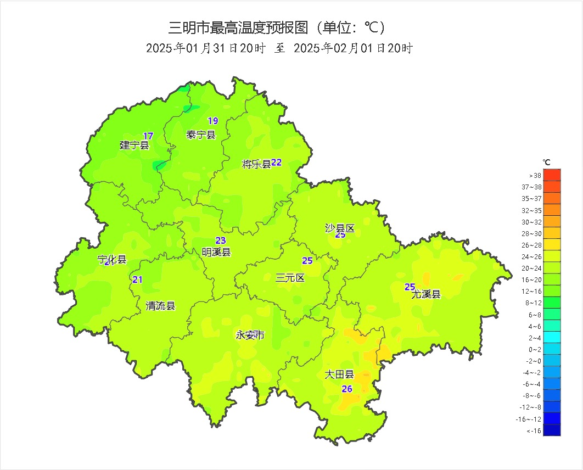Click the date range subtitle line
click(279, 48)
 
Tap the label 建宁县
click(134, 146)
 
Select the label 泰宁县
click(201, 135)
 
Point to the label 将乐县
click(256, 164)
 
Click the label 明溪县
click(216, 252)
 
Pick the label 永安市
click(250, 335)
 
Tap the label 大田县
click(339, 375)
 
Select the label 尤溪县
click(426, 294)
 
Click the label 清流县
click(160, 306)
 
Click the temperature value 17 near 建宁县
click(148, 136)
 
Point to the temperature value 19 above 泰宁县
click(212, 121)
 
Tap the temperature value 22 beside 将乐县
click(276, 163)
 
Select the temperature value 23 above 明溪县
click(220, 240)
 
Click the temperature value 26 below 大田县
click(347, 389)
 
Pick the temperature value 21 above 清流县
click(137, 280)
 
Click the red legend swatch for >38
click(552, 175)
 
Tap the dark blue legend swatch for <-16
click(552, 430)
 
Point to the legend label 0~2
click(534, 349)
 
